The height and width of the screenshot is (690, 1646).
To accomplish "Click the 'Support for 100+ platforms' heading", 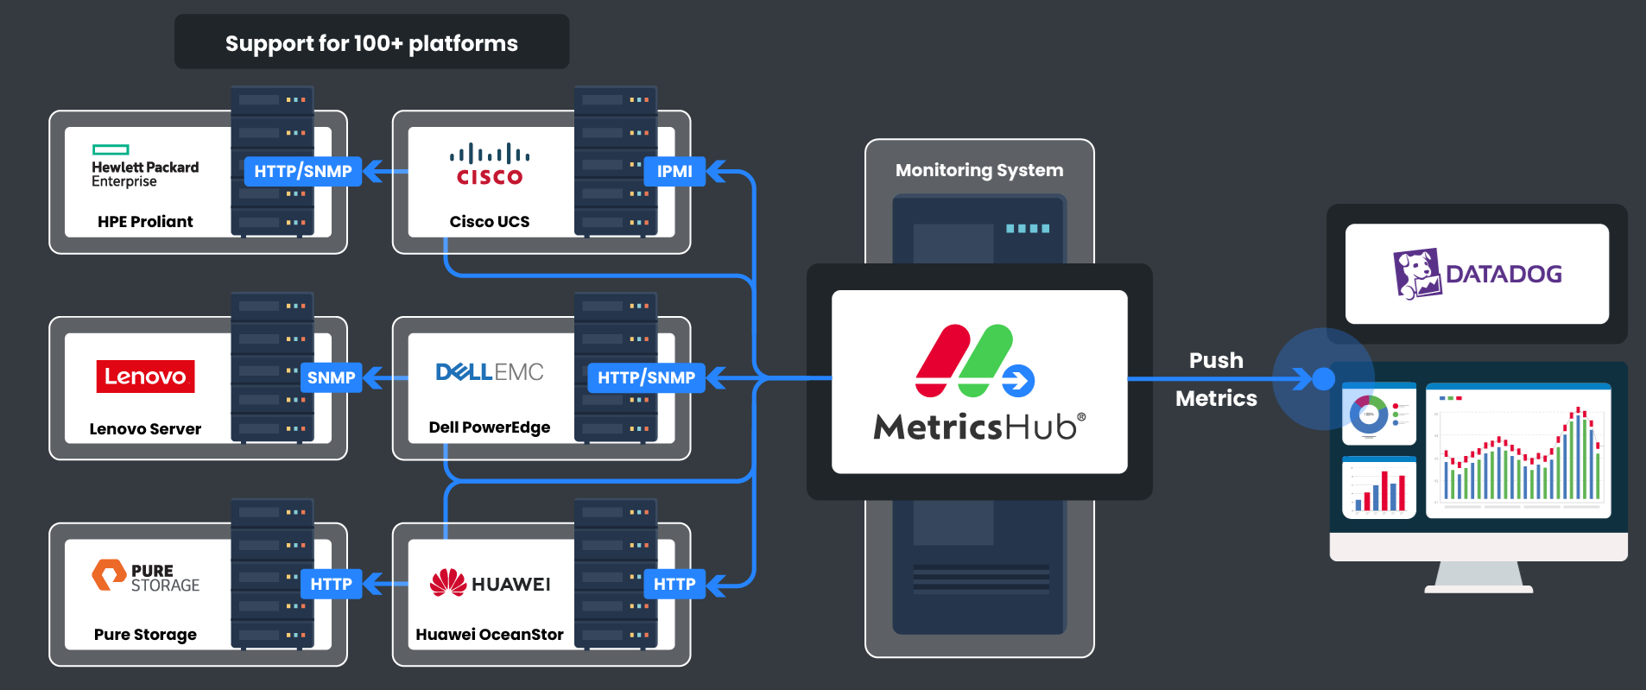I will click(x=371, y=43).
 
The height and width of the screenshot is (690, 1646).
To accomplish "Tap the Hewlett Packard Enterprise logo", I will click(x=144, y=167).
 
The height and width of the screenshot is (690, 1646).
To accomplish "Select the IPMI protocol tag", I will click(x=674, y=171).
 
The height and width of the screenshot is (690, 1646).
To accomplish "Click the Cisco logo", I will click(x=490, y=165).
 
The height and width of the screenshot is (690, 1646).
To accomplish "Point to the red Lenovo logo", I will click(x=145, y=377).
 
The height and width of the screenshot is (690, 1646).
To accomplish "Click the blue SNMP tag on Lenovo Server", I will click(x=331, y=377).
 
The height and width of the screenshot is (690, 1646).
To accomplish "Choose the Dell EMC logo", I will click(x=490, y=372).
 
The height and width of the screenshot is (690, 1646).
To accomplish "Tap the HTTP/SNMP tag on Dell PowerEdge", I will click(x=646, y=377).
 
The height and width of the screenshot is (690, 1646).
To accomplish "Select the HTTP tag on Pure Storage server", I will click(x=331, y=584).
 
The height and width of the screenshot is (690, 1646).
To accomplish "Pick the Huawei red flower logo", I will click(x=448, y=583).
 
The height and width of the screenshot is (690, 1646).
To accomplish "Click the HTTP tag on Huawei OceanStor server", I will click(x=674, y=584).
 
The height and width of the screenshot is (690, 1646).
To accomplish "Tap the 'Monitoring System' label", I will click(x=979, y=170).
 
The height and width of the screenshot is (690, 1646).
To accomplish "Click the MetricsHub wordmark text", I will click(x=979, y=427).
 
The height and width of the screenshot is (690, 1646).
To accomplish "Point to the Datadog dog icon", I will click(x=1417, y=274).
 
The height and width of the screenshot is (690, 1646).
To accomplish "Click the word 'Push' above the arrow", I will click(x=1216, y=360).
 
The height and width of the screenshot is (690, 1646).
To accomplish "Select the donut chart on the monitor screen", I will click(x=1369, y=415).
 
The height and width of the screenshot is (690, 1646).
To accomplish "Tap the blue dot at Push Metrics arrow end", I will click(x=1323, y=378).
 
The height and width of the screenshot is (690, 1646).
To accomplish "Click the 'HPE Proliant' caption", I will click(x=145, y=222).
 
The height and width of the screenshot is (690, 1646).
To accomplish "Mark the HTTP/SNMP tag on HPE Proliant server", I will click(x=302, y=171).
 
